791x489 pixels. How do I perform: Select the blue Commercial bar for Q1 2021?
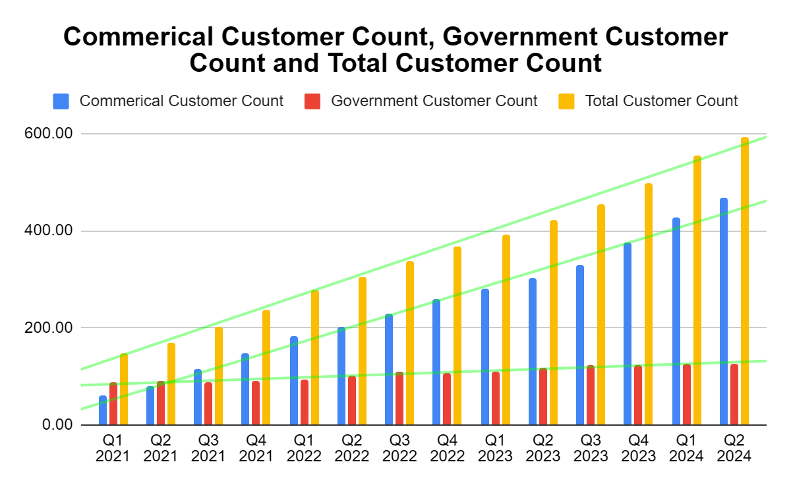click(x=103, y=410)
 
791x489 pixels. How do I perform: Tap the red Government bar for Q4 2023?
click(x=638, y=395)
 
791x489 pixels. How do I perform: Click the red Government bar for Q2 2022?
click(x=352, y=400)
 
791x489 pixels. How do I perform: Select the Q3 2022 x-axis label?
click(x=399, y=447)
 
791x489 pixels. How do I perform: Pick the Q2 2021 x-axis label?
click(x=161, y=447)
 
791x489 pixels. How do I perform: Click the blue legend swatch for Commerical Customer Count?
click(x=61, y=101)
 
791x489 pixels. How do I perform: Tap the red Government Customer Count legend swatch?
click(x=312, y=101)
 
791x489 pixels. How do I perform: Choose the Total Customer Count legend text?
click(x=661, y=101)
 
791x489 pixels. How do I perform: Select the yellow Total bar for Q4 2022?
click(x=457, y=335)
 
